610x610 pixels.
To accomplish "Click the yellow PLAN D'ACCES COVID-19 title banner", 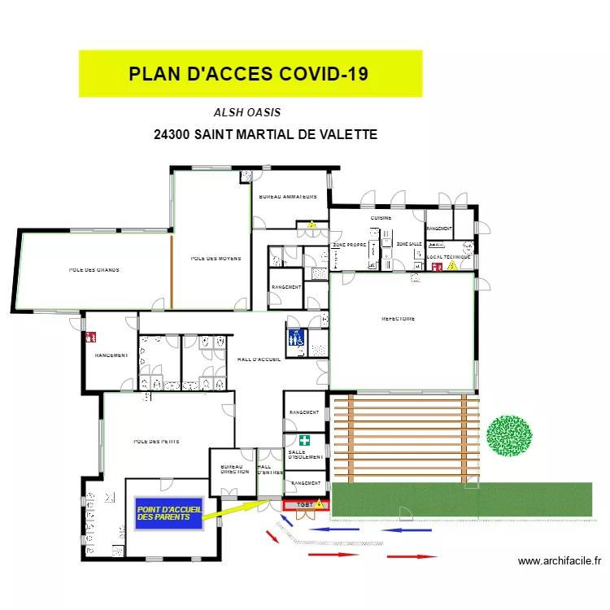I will tap(250, 74).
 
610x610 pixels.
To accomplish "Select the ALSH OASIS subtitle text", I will tap(247, 113).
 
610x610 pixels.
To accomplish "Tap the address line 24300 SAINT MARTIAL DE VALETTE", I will tap(265, 134).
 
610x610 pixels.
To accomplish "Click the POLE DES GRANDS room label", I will tap(94, 269).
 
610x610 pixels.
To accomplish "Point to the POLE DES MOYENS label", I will tap(216, 259).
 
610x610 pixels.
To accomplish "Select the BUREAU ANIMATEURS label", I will tap(287, 197).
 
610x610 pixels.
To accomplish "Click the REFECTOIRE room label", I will tap(398, 319).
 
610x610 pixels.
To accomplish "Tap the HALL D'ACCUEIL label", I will tap(259, 359).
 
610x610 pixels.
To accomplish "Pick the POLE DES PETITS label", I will tap(156, 442).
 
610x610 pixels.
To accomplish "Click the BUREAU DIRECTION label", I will tap(234, 468).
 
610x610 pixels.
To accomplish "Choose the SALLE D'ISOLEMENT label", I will tap(305, 454).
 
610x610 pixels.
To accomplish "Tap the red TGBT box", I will tap(305, 505).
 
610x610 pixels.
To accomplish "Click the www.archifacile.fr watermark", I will tap(559, 560).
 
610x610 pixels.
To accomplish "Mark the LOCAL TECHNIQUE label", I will tap(448, 257).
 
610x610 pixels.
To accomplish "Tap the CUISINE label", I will tap(381, 218).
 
